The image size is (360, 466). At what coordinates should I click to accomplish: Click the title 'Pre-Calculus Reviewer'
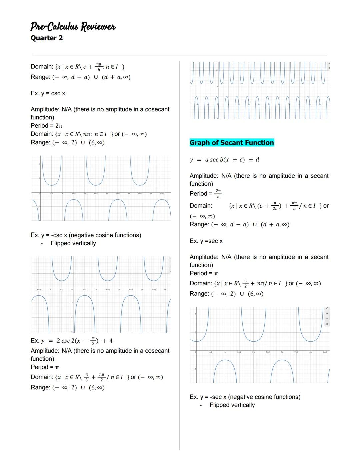pyautogui.click(x=73, y=26)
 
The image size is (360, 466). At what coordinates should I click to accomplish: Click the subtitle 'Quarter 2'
pyautogui.click(x=47, y=38)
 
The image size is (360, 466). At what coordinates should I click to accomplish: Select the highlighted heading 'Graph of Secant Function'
pyautogui.click(x=232, y=143)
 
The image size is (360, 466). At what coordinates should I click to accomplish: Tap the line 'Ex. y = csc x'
pyautogui.click(x=48, y=93)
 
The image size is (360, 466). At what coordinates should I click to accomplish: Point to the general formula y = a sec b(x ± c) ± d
pyautogui.click(x=224, y=160)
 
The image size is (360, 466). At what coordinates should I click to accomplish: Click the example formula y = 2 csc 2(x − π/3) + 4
pyautogui.click(x=71, y=341)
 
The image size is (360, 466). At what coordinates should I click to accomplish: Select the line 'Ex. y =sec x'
pyautogui.click(x=206, y=241)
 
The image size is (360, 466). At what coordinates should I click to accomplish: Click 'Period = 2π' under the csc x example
pyautogui.click(x=47, y=126)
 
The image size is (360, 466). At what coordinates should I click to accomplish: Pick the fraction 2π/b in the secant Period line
pyautogui.click(x=218, y=193)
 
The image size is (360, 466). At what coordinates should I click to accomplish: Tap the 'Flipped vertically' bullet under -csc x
pyautogui.click(x=73, y=243)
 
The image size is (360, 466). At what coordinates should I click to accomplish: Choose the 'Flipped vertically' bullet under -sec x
pyautogui.click(x=232, y=405)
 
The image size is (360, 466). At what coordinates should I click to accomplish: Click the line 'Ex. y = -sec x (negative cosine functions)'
pyautogui.click(x=245, y=397)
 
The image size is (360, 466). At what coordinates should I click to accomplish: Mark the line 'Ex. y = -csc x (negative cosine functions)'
pyautogui.click(x=86, y=235)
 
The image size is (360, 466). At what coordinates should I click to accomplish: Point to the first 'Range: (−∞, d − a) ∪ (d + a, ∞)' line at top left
pyautogui.click(x=80, y=77)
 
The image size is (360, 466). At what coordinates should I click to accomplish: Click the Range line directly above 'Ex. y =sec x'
pyautogui.click(x=239, y=224)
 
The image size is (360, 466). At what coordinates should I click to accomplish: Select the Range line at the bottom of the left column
pyautogui.click(x=68, y=387)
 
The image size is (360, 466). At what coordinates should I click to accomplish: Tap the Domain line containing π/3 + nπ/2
pyautogui.click(x=97, y=377)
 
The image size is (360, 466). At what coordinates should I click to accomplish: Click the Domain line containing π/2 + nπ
pyautogui.click(x=255, y=283)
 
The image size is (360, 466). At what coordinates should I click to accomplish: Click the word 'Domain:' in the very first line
pyautogui.click(x=42, y=67)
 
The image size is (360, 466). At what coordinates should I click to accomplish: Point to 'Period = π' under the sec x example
pyautogui.click(x=204, y=273)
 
